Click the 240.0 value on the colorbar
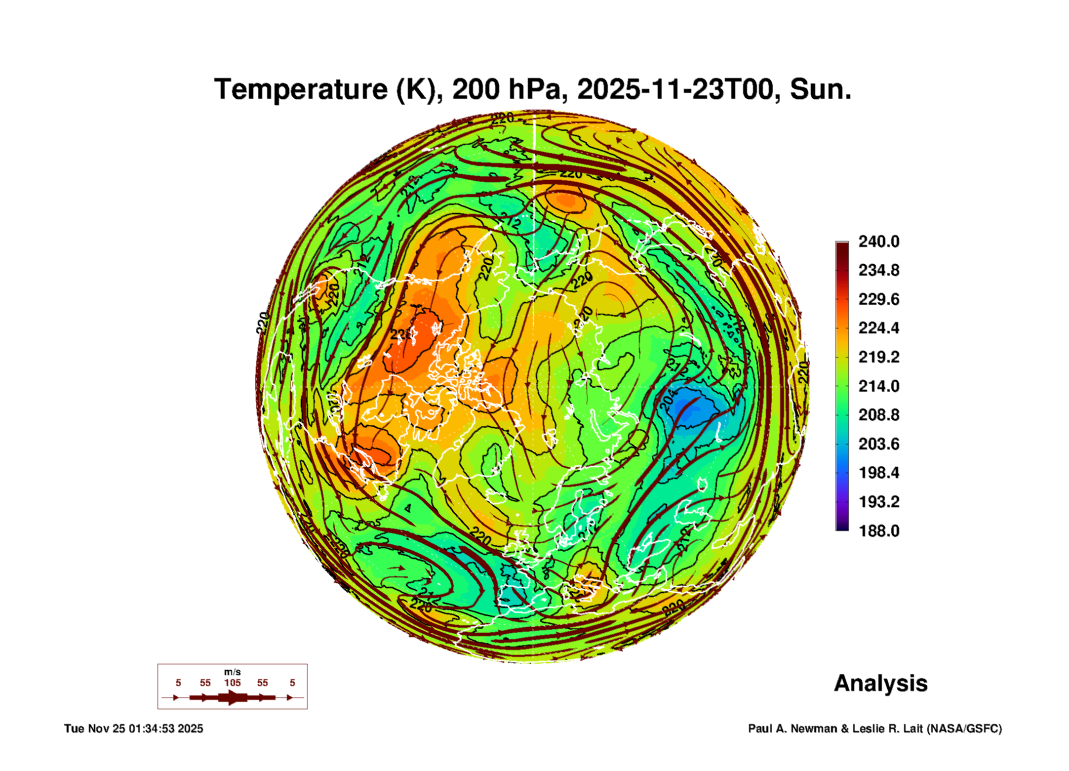878,242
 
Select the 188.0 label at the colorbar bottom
878,531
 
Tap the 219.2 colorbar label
878,357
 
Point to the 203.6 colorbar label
878,444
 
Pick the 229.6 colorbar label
878,299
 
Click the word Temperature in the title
301,89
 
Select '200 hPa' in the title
506,89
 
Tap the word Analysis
880,683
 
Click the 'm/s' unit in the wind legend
232,672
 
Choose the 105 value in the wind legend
232,683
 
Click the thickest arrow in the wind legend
232,697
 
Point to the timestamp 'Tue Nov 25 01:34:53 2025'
133,729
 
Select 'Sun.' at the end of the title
821,89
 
